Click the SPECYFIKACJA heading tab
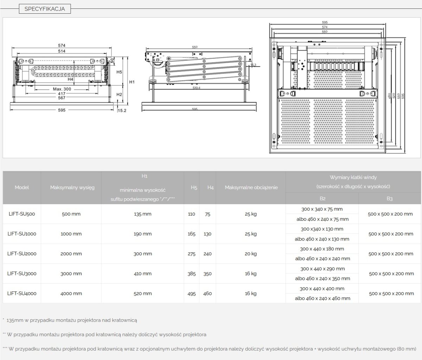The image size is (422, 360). [45, 9]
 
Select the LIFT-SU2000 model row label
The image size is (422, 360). [22, 253]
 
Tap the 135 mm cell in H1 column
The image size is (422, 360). [142, 214]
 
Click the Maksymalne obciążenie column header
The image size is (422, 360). [251, 187]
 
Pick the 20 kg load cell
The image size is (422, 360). [251, 254]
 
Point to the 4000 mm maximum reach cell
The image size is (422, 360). [71, 294]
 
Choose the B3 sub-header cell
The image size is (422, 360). [390, 199]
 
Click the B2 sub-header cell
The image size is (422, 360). [322, 199]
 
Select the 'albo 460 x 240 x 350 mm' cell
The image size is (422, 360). [322, 278]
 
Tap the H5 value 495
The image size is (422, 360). [192, 294]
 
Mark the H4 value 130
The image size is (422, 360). [207, 234]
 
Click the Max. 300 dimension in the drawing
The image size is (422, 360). [62, 89]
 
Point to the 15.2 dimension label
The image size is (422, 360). [122, 110]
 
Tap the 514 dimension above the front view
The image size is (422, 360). [62, 51]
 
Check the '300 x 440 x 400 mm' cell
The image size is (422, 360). [322, 289]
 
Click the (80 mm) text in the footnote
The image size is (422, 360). [406, 349]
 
